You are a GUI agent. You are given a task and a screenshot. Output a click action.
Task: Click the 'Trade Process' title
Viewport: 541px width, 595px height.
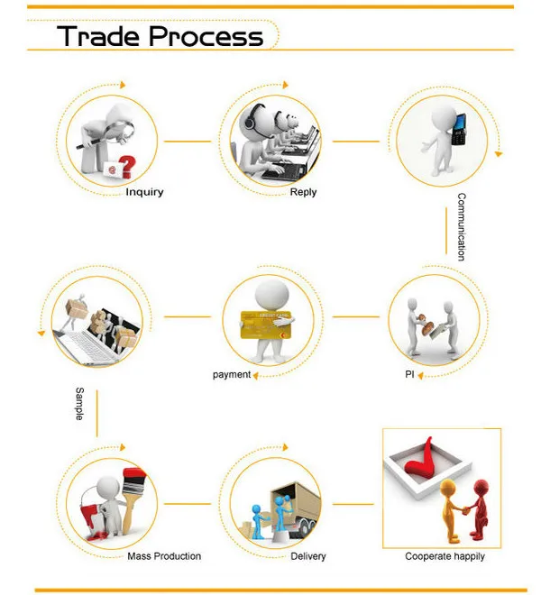click(160, 37)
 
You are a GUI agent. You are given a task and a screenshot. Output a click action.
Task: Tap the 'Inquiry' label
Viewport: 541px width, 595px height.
click(144, 192)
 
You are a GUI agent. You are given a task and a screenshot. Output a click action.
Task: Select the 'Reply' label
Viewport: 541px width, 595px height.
click(303, 192)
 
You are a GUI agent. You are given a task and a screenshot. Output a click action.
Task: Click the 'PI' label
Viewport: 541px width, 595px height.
click(408, 374)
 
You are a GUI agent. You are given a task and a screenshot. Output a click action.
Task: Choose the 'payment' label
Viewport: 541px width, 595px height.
click(232, 374)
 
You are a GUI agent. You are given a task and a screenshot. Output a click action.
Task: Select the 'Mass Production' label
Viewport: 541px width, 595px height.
click(164, 556)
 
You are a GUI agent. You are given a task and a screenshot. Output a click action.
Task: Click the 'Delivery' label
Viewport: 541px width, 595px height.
click(308, 556)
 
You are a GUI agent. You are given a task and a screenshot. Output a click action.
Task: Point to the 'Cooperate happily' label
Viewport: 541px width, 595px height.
click(445, 556)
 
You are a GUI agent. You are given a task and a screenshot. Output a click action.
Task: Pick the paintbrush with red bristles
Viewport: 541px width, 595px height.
click(133, 486)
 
